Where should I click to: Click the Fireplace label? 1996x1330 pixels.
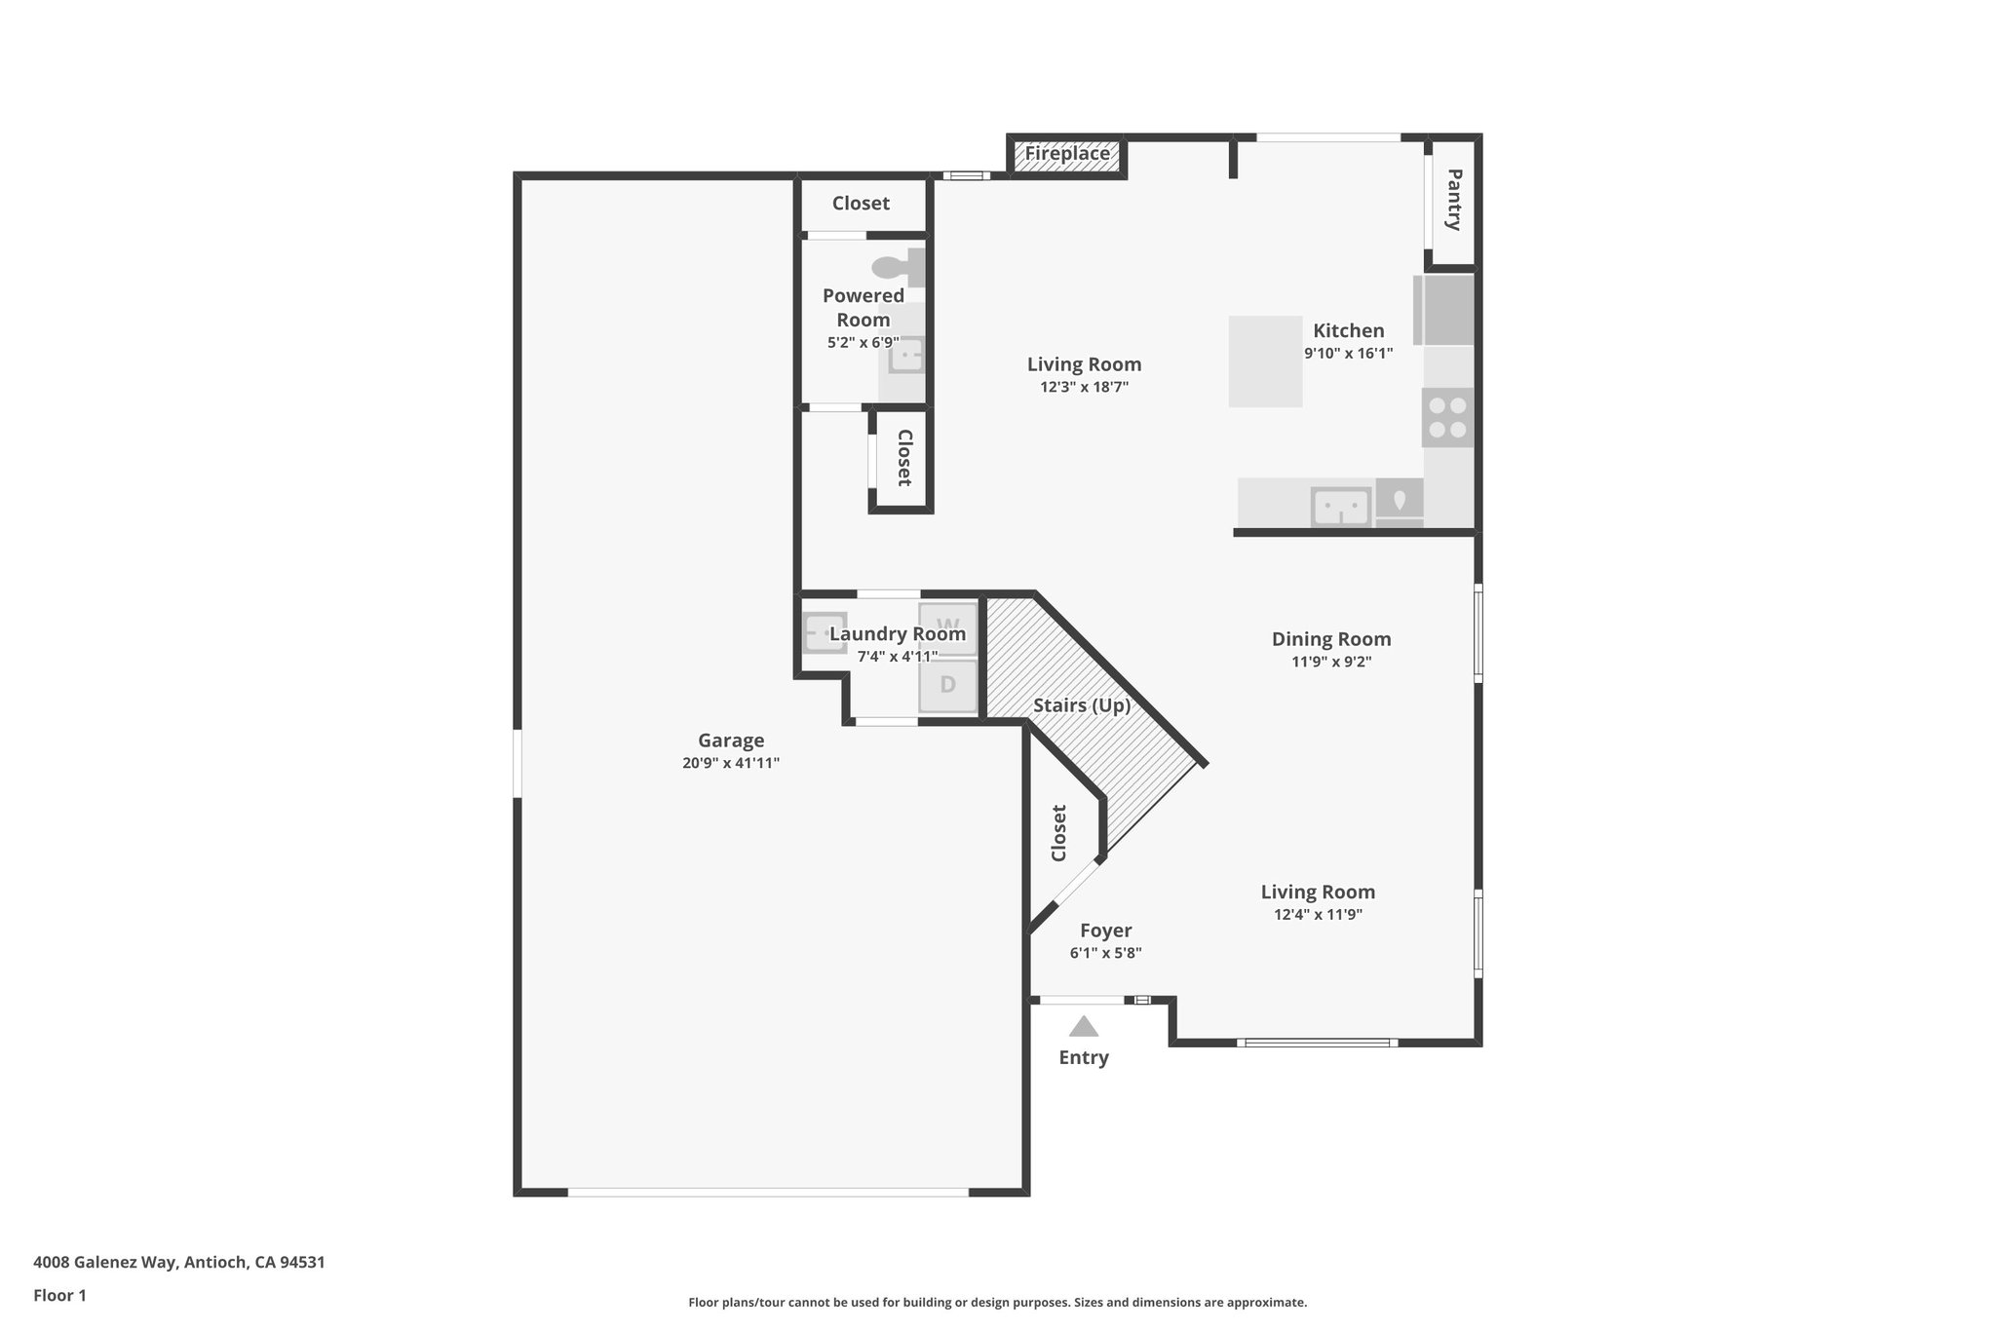point(1067,154)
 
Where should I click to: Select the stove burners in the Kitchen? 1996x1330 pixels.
point(1447,418)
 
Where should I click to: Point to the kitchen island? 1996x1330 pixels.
point(1265,361)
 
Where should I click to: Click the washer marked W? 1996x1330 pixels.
point(947,625)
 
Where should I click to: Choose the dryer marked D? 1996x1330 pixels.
point(947,685)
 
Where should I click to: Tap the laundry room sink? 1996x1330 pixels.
point(824,633)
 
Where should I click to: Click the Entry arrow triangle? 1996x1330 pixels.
point(1084,1026)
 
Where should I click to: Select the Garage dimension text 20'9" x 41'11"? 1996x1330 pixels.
point(731,763)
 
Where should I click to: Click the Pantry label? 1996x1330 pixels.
point(1453,200)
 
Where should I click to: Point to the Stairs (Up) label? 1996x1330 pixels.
point(1082,705)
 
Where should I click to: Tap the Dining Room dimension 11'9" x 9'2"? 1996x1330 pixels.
point(1331,662)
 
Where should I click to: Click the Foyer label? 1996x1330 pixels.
point(1105,931)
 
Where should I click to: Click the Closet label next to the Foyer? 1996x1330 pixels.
point(1059,832)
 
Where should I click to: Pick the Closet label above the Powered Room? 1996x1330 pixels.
point(861,203)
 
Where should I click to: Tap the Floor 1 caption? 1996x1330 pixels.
point(59,1296)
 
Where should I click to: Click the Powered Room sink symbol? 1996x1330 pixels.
point(906,356)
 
